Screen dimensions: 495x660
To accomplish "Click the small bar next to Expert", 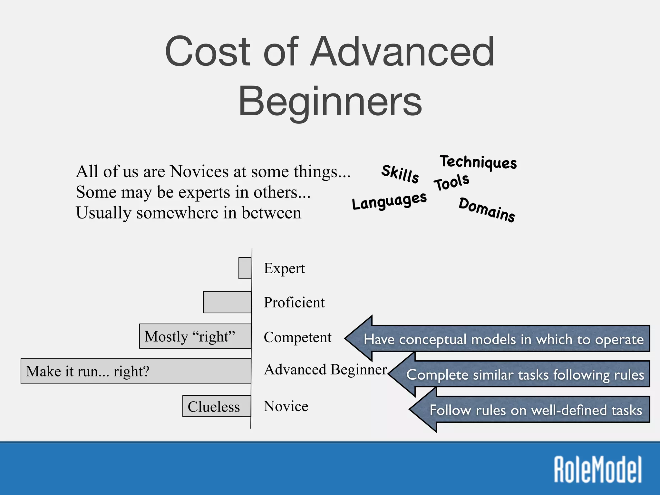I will click(245, 268).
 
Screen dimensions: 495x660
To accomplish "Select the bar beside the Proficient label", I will click(227, 302).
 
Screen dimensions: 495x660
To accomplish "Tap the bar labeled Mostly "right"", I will click(195, 336).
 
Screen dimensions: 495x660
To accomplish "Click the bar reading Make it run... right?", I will click(136, 371).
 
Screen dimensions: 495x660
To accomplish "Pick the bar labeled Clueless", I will click(217, 406).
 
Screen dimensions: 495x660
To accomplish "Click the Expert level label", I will click(284, 268).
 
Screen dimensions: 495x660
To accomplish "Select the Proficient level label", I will click(294, 303).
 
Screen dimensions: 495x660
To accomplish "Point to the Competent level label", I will click(297, 337).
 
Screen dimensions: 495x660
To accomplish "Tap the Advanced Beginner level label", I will click(325, 370).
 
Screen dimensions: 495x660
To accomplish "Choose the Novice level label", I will click(286, 406).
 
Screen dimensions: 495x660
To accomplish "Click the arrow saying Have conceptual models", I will click(503, 339).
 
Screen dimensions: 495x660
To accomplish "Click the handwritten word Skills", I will click(400, 174).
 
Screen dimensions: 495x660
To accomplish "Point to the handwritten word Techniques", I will click(479, 162).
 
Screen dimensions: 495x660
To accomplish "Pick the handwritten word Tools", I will click(451, 182).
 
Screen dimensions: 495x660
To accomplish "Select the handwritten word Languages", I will click(389, 201).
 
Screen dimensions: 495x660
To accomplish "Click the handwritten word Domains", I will click(487, 210).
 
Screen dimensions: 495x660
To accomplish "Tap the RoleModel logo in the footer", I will click(598, 470).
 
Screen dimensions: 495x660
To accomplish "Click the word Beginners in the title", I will click(330, 102).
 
